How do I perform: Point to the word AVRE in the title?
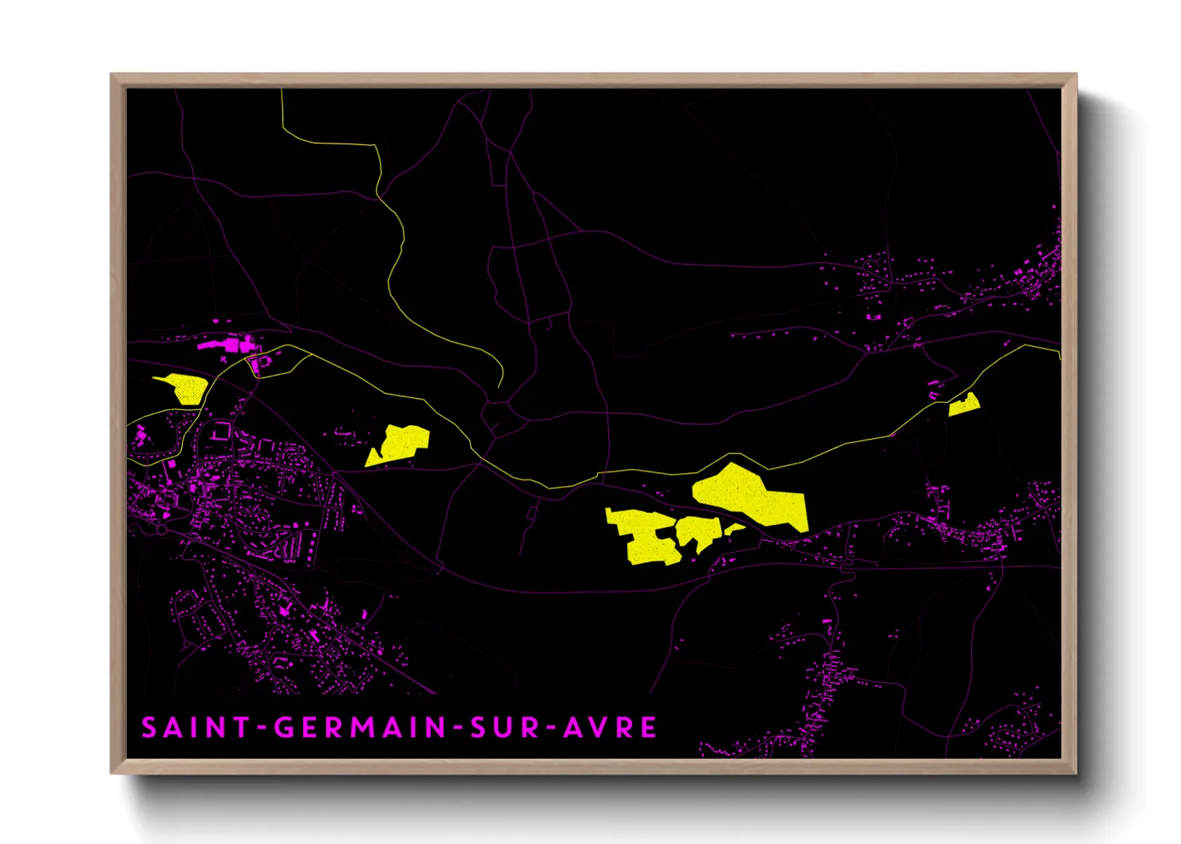[x=610, y=728]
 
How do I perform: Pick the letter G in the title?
[x=284, y=728]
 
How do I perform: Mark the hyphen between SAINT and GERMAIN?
[x=263, y=728]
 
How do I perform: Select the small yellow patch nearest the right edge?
[x=964, y=405]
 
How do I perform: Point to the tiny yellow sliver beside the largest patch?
[x=734, y=528]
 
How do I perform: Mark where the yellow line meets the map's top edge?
[x=282, y=90]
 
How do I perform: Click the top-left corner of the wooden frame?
[x=111, y=74]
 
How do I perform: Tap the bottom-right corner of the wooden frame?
[x=1076, y=773]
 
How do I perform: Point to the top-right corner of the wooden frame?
[x=1076, y=74]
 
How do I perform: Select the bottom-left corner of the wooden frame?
[x=111, y=773]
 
